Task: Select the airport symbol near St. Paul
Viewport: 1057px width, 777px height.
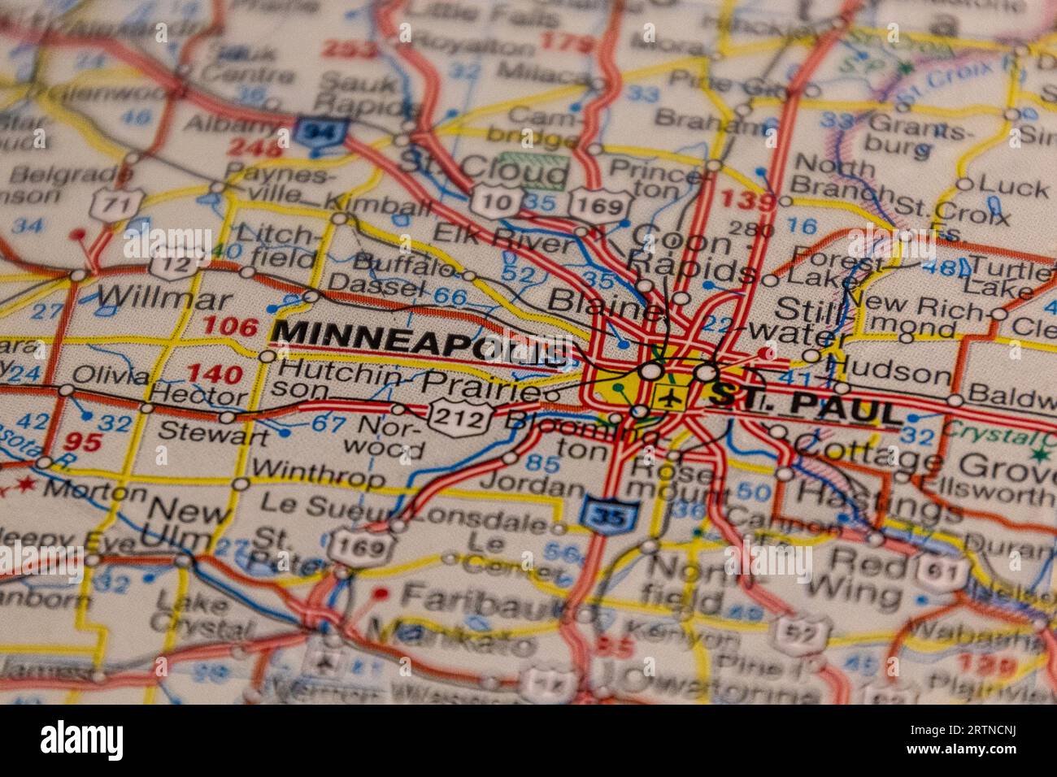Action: click(x=670, y=399)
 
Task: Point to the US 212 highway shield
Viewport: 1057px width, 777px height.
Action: click(x=460, y=417)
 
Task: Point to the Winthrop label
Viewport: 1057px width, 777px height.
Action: click(x=318, y=472)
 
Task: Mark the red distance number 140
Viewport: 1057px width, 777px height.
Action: click(x=214, y=375)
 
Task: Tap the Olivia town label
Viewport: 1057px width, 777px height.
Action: click(x=111, y=375)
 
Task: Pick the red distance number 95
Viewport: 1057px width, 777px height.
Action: click(x=84, y=441)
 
